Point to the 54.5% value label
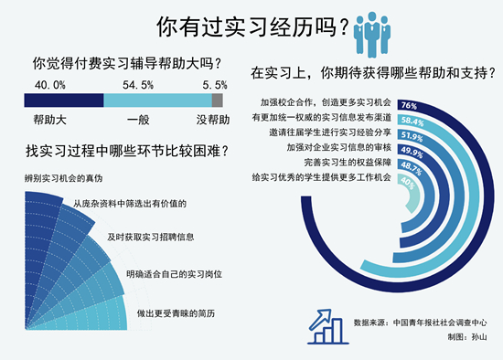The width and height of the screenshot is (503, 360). [140, 84]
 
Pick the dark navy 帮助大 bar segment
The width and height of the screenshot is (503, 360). [63, 101]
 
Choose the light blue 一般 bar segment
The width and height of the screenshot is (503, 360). [155, 101]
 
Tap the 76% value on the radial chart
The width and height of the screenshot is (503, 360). [409, 105]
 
